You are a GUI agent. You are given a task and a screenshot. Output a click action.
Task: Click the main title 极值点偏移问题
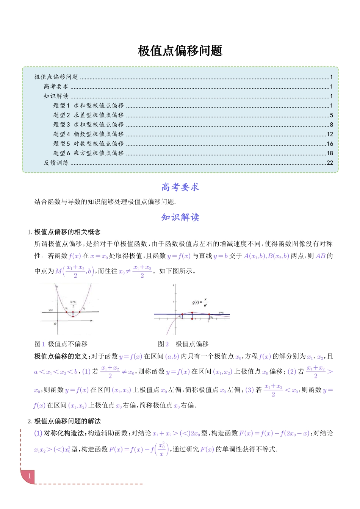tap(180, 51)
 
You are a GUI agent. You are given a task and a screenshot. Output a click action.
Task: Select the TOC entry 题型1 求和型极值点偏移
tap(89, 106)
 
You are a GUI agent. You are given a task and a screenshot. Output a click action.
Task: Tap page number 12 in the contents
tap(330, 134)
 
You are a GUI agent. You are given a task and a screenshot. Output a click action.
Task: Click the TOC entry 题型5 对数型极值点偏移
tap(89, 144)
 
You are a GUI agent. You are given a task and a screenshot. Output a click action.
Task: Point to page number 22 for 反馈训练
tap(330, 163)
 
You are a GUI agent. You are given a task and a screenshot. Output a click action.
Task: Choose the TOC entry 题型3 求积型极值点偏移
tap(89, 125)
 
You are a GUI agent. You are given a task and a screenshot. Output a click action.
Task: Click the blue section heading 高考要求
tap(180, 187)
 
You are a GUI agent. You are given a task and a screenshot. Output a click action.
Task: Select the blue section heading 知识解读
tap(180, 217)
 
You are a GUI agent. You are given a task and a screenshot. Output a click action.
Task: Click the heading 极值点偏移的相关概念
tap(67, 232)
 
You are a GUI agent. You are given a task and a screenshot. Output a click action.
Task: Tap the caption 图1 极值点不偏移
tap(61, 344)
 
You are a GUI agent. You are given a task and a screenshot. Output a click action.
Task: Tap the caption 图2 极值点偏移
tap(183, 344)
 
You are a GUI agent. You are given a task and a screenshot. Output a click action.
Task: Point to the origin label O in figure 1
tap(55, 324)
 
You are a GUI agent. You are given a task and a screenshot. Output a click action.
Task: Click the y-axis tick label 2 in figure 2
tap(174, 285)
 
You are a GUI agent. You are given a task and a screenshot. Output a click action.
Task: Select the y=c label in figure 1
tap(51, 310)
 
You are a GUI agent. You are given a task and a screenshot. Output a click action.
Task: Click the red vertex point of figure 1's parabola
tap(73, 316)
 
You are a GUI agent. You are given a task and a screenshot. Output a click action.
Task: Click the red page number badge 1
tap(29, 476)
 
